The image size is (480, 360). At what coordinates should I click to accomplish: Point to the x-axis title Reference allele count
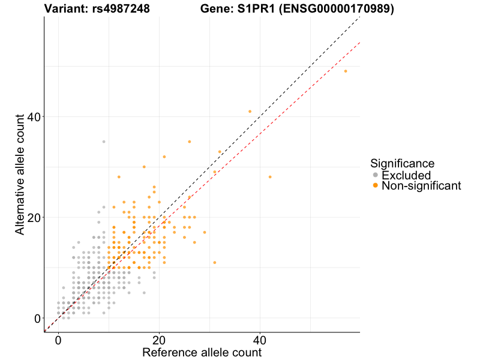coord(202,352)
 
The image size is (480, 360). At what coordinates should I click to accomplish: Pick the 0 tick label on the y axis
coord(37,318)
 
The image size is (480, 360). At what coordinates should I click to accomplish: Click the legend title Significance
coord(402,163)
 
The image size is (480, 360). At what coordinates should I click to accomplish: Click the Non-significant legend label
coord(421,186)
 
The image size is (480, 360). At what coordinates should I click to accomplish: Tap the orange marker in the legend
coord(376,186)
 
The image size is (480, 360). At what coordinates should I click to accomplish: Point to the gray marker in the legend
coord(376,175)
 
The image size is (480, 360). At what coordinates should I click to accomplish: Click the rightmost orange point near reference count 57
coord(346,71)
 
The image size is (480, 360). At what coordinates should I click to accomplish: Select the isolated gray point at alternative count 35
coord(104,142)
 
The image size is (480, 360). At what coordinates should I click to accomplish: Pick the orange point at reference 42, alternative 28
coord(270,177)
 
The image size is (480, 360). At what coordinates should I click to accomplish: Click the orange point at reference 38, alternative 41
coord(250,112)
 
